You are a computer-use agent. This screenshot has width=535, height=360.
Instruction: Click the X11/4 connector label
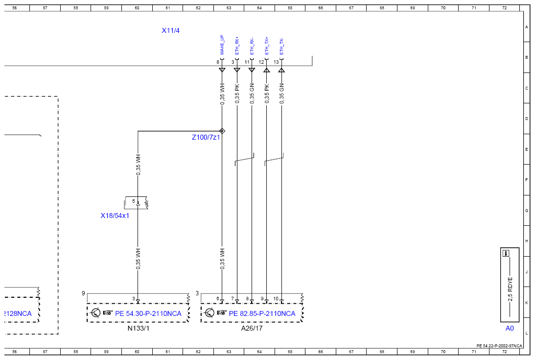point(171,30)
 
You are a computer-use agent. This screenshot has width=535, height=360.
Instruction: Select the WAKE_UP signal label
point(222,45)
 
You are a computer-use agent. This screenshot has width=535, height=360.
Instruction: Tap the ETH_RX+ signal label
point(237,46)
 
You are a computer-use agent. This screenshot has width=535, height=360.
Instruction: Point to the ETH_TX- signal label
point(282,47)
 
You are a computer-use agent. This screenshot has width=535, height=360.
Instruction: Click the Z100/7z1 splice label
point(206,137)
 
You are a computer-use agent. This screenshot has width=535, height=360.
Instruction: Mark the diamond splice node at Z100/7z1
point(222,131)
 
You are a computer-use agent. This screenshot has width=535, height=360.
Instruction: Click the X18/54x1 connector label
point(115,216)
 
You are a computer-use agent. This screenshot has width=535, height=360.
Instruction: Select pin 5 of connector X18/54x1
point(134,201)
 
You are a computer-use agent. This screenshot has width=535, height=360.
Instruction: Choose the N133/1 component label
point(139,328)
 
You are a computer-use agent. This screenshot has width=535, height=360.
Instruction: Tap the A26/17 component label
point(252,328)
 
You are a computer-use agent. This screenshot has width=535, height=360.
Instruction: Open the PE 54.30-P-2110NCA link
point(148,313)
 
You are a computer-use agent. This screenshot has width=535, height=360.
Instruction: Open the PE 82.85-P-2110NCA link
point(262,313)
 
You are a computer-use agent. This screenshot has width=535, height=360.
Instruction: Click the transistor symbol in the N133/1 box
point(96,312)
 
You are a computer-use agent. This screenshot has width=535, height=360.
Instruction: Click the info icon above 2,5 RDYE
point(506,253)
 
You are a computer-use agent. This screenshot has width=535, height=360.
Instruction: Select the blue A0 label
point(510,328)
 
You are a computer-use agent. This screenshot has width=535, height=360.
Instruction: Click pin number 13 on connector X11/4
point(277,62)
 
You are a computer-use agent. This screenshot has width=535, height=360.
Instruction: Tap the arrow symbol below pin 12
point(267,70)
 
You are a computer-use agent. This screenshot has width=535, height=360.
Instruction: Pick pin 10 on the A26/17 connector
point(276,298)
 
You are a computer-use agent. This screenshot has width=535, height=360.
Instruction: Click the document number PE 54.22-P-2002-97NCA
point(499,346)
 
